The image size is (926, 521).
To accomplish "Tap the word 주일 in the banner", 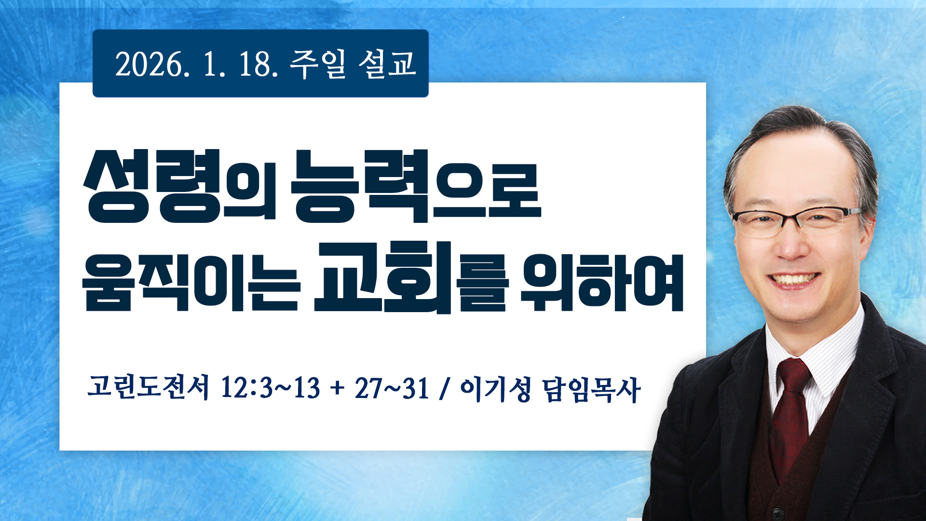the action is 318,64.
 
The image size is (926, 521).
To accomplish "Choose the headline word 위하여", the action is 602,281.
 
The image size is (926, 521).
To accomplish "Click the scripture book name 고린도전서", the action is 148,387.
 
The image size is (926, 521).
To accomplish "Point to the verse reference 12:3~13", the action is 270,388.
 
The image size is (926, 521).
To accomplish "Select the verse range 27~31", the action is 392,388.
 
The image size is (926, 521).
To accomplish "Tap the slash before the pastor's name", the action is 444,388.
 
